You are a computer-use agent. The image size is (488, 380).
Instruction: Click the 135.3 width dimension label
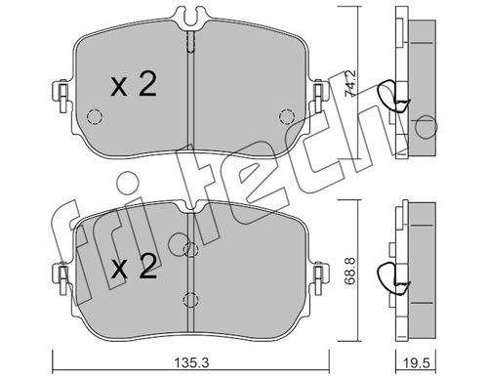pyautogui.click(x=191, y=362)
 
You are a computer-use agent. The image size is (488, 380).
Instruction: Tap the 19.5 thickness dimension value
pyautogui.click(x=415, y=362)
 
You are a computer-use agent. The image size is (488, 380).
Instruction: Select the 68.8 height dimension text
pyautogui.click(x=349, y=271)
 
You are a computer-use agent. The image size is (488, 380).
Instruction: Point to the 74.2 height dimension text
pyautogui.click(x=350, y=83)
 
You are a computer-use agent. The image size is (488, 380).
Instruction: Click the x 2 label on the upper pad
pyautogui.click(x=134, y=85)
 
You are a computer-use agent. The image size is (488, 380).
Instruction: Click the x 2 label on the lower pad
pyautogui.click(x=134, y=267)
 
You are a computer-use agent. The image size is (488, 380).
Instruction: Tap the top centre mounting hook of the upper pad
pyautogui.click(x=191, y=17)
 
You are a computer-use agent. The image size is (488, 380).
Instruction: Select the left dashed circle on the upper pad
pyautogui.click(x=95, y=116)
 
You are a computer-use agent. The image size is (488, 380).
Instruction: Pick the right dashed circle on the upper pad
pyautogui.click(x=287, y=116)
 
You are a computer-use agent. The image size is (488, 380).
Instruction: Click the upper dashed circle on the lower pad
pyautogui.click(x=190, y=249)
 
